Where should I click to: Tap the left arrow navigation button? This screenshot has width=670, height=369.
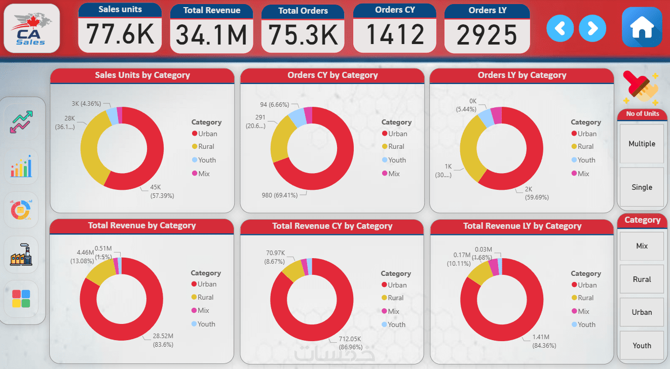pyautogui.click(x=560, y=28)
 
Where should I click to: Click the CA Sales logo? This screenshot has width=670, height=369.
pyautogui.click(x=31, y=28)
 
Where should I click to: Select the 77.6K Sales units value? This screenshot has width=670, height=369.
pyautogui.click(x=120, y=34)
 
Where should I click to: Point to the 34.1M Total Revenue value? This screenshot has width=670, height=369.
pyautogui.click(x=211, y=35)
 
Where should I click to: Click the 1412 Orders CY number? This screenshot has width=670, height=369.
pyautogui.click(x=395, y=34)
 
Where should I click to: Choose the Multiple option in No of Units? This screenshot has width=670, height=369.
pyautogui.click(x=642, y=144)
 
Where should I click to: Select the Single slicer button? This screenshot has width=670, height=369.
pyautogui.click(x=642, y=187)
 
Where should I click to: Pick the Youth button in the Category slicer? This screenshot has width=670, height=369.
pyautogui.click(x=642, y=346)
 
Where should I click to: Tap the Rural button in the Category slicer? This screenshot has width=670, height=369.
pyautogui.click(x=642, y=279)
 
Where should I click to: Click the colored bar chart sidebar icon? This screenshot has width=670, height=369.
pyautogui.click(x=21, y=167)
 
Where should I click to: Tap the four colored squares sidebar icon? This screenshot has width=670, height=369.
pyautogui.click(x=21, y=299)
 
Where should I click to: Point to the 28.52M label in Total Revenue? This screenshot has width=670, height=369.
pyautogui.click(x=163, y=336)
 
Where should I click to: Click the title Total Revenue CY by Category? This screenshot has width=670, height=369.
pyautogui.click(x=332, y=226)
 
